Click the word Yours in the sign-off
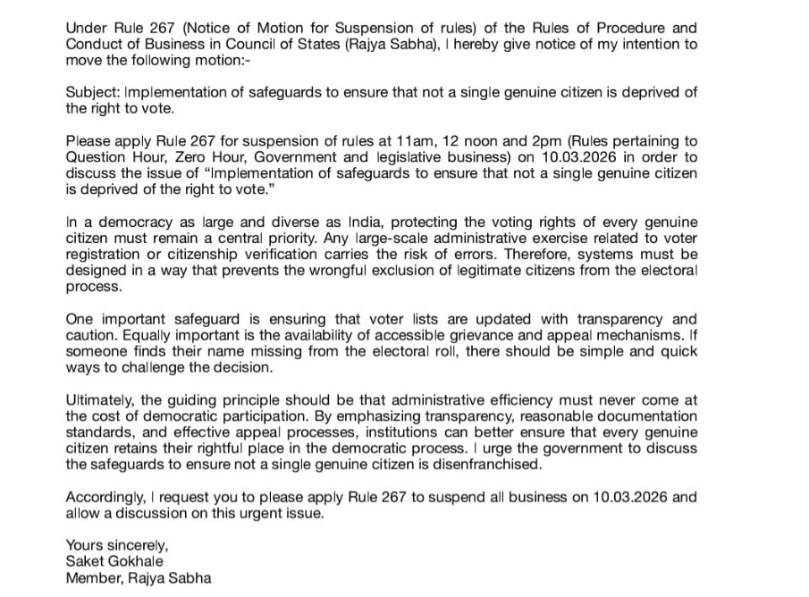click(x=84, y=545)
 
